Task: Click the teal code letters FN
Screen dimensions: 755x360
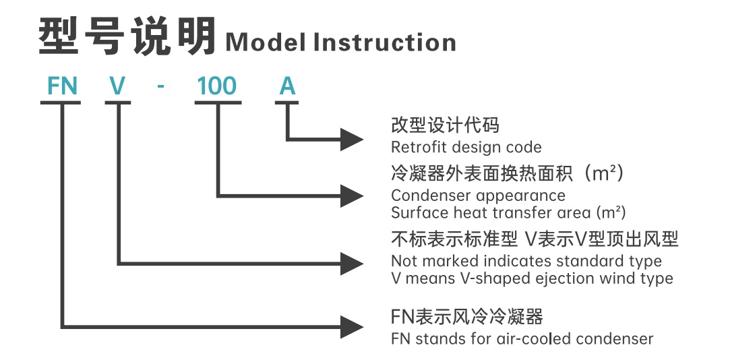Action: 62,87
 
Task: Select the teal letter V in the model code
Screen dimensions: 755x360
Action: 117,87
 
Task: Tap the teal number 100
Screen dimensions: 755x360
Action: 217,87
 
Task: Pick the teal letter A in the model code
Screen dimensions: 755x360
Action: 287,87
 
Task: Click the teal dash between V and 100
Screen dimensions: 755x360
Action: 162,88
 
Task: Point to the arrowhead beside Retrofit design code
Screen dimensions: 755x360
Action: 352,140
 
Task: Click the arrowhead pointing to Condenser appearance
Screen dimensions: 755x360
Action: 352,196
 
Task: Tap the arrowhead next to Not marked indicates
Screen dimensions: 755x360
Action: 352,264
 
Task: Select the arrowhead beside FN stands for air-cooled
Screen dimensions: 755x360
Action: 352,327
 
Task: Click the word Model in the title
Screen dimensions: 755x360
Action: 266,42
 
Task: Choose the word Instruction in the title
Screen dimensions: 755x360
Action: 385,42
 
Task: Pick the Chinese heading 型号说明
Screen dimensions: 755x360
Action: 127,36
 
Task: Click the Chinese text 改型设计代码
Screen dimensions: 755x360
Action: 446,125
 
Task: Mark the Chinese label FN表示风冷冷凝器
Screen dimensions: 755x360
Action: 467,317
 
